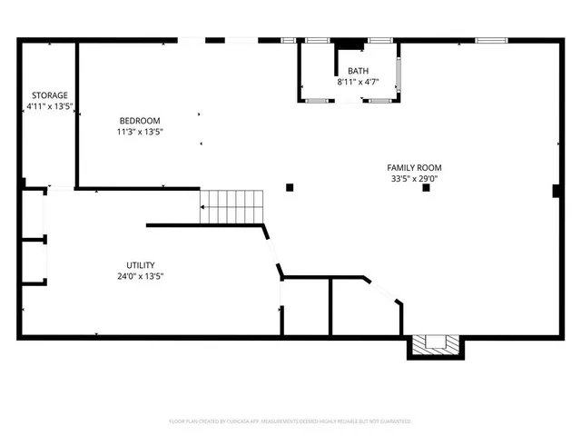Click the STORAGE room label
pyautogui.click(x=49, y=95)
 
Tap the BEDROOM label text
pyautogui.click(x=140, y=121)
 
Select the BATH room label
pyautogui.click(x=358, y=71)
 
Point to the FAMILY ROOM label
pyautogui.click(x=414, y=167)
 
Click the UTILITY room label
pyautogui.click(x=140, y=265)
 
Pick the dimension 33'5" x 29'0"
pyautogui.click(x=414, y=179)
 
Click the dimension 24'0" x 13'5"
pyautogui.click(x=140, y=276)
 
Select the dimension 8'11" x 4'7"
pyautogui.click(x=358, y=82)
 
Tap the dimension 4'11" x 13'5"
pyautogui.click(x=49, y=106)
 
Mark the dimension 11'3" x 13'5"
pyautogui.click(x=140, y=132)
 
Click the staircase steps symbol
pyautogui.click(x=231, y=206)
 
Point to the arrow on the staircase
pyautogui.click(x=204, y=208)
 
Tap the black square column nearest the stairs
pyautogui.click(x=290, y=187)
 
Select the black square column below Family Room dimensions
pyautogui.click(x=425, y=188)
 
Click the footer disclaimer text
pyautogui.click(x=290, y=421)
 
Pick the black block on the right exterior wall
pyautogui.click(x=556, y=190)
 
